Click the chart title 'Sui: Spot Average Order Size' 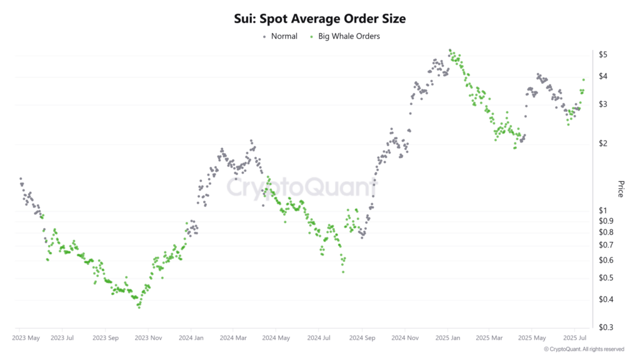coord(319,19)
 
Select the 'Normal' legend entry coord(280,36)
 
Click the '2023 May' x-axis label coord(25,338)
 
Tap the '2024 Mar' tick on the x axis coord(232,338)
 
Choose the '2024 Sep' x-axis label coord(361,338)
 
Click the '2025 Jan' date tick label coord(447,338)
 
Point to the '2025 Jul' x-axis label coord(575,338)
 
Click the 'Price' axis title coord(621,189)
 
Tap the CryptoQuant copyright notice coord(583,349)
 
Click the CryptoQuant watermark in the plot coord(301,187)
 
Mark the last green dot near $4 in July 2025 coord(584,79)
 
